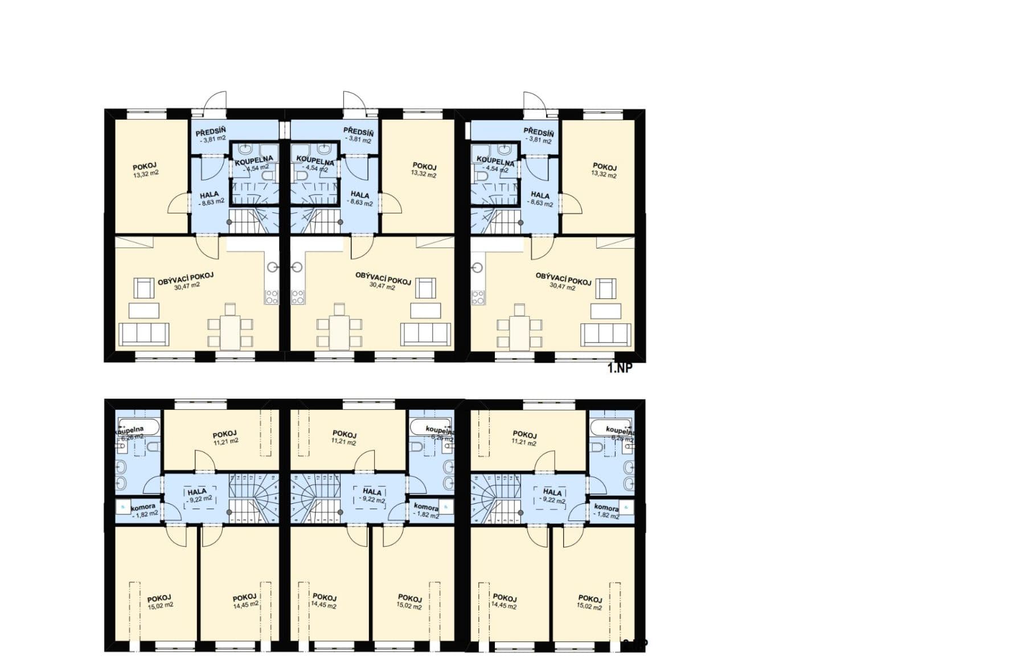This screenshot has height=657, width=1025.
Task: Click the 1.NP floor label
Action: (620, 368)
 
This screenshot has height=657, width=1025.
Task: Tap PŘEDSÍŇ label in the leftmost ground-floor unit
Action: (211, 131)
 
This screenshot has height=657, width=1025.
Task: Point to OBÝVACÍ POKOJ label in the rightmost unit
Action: (563, 279)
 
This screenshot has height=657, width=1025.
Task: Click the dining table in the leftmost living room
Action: (230, 332)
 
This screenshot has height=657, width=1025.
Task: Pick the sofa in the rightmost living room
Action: (605, 334)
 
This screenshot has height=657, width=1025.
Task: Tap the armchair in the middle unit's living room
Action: (425, 288)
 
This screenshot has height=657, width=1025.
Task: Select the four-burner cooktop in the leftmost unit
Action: (272, 297)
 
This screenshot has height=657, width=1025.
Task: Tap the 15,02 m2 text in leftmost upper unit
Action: (161, 606)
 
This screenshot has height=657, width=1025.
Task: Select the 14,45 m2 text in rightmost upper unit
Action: (504, 606)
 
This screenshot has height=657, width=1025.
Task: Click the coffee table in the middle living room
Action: (426, 310)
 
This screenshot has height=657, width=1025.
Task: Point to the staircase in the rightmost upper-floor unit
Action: (496, 498)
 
